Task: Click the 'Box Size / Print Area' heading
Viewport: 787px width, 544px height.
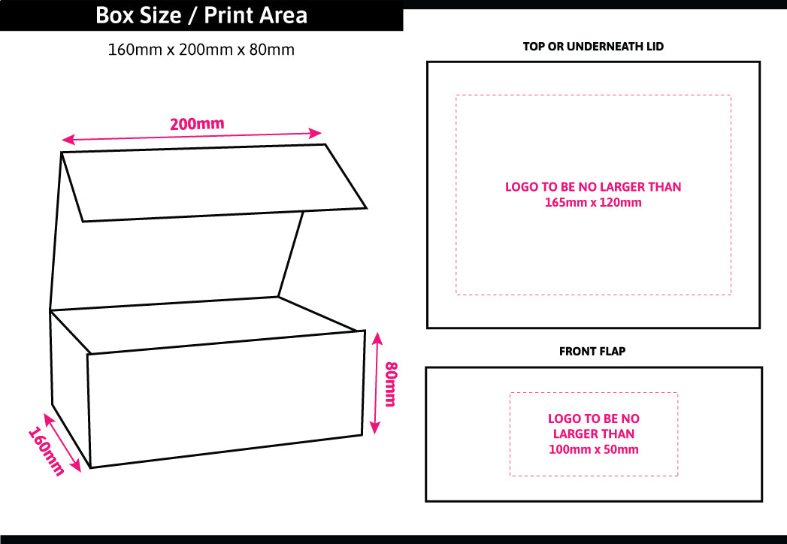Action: [x=201, y=16]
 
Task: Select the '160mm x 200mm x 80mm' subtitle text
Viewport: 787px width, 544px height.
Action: [x=201, y=50]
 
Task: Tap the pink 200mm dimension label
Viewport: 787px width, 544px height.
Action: [x=197, y=124]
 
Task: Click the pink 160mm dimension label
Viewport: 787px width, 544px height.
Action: [x=46, y=452]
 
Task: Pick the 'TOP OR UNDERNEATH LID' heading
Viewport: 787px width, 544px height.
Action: [x=593, y=47]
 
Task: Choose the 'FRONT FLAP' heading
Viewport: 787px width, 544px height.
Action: [x=592, y=351]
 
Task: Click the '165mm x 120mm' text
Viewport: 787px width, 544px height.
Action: [x=593, y=202]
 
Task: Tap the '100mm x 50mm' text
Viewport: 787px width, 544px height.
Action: [x=593, y=449]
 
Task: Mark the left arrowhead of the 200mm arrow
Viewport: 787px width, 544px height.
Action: [x=66, y=140]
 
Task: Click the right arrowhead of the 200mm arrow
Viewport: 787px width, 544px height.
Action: [x=317, y=133]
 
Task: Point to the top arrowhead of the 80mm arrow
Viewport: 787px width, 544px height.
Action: [x=377, y=336]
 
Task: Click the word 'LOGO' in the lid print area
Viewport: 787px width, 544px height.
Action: [x=522, y=187]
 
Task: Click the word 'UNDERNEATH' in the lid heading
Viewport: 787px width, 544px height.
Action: [x=599, y=47]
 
